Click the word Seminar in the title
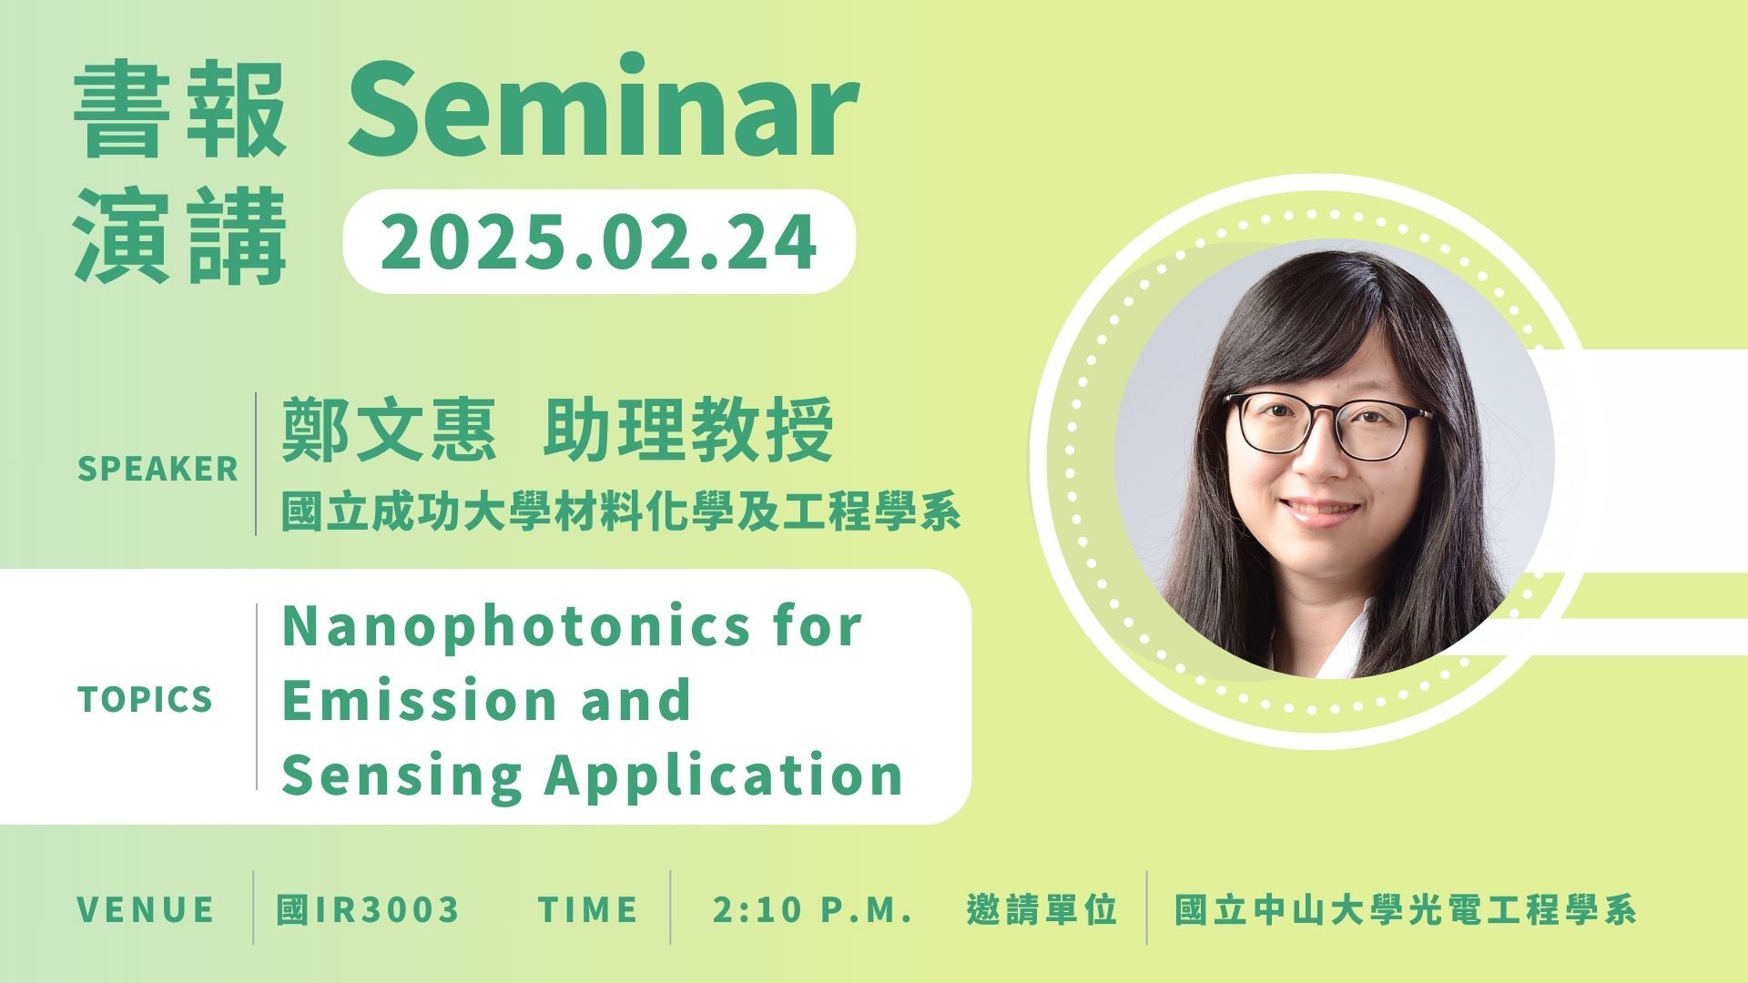(x=602, y=109)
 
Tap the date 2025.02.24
(x=599, y=242)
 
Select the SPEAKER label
(x=158, y=469)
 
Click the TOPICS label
(x=145, y=700)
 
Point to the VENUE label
(x=146, y=909)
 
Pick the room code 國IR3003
(x=368, y=909)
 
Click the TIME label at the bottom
(x=588, y=909)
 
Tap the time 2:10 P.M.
(x=813, y=909)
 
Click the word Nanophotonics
(x=515, y=626)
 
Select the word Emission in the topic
(x=420, y=700)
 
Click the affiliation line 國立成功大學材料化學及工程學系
(x=621, y=512)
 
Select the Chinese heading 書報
(x=180, y=109)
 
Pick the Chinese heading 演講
(x=180, y=237)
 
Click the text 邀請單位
(x=1042, y=909)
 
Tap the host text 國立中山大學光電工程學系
(x=1405, y=909)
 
